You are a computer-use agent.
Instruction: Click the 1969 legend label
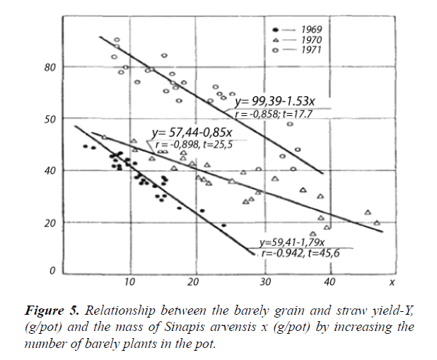coord(311,30)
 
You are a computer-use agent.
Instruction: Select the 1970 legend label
coord(311,40)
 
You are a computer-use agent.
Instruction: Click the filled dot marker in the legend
coord(274,30)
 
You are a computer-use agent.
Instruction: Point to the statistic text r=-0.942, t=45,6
coord(301,252)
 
